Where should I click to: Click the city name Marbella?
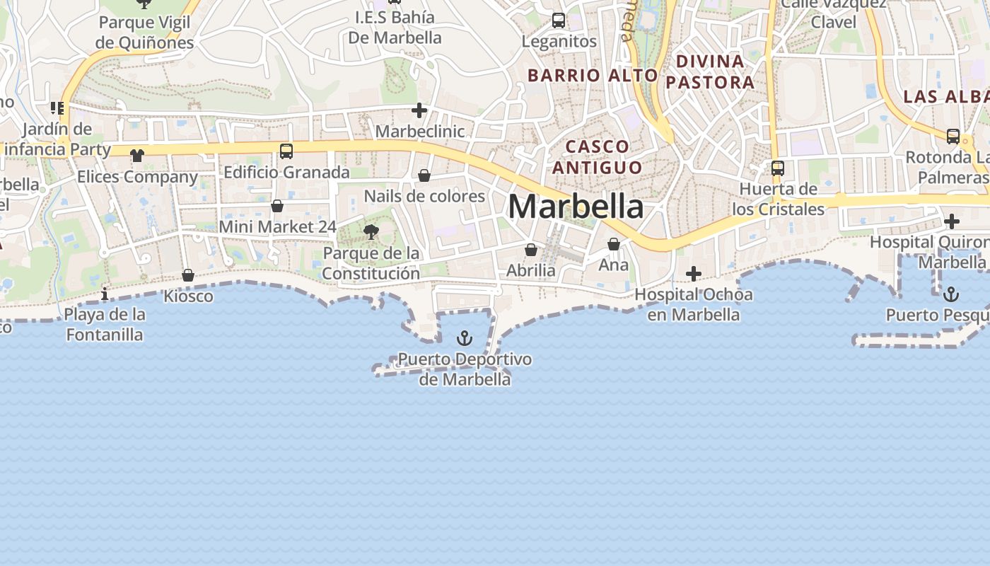(x=576, y=207)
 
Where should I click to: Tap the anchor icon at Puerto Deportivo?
(x=464, y=338)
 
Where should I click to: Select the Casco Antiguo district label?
(x=598, y=157)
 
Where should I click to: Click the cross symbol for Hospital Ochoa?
(x=694, y=273)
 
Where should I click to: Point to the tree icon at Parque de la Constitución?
(x=371, y=231)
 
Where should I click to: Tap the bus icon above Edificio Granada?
(x=286, y=151)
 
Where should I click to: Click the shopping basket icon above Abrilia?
(x=531, y=250)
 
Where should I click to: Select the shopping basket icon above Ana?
(x=613, y=244)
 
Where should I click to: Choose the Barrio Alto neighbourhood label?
(x=593, y=75)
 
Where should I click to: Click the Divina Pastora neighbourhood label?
(x=710, y=71)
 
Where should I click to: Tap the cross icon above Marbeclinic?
(x=419, y=110)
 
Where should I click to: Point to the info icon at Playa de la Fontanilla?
(x=105, y=294)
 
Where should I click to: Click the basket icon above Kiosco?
(x=188, y=275)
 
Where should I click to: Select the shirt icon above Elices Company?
(x=136, y=156)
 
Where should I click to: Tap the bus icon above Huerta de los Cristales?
(x=778, y=168)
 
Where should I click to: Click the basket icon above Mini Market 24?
(x=277, y=206)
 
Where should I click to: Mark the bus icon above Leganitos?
(x=559, y=21)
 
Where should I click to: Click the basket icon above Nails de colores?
(x=424, y=175)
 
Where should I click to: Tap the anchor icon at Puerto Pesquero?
(x=952, y=294)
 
